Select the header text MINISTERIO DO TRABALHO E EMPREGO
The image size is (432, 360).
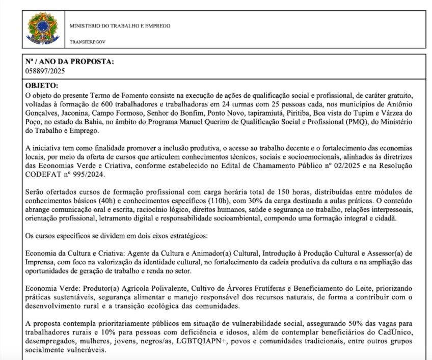click(x=120, y=26)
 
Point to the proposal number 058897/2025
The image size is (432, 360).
click(x=45, y=71)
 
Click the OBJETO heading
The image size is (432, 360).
click(x=42, y=86)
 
